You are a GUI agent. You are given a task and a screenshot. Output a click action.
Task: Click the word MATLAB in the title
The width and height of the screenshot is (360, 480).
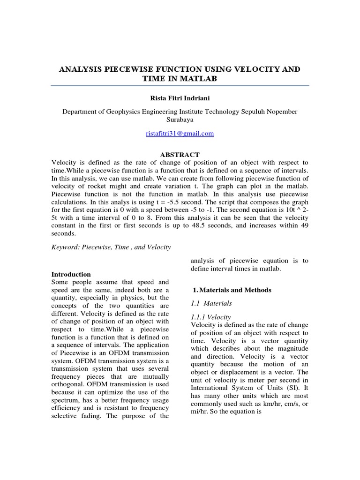tap(199, 79)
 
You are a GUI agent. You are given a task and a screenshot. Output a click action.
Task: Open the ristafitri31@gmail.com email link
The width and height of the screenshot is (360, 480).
tap(180, 134)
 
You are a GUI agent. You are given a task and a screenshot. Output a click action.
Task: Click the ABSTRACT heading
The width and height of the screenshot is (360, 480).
tap(180, 155)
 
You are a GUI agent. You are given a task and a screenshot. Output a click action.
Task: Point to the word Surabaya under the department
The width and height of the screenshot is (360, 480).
tap(180, 120)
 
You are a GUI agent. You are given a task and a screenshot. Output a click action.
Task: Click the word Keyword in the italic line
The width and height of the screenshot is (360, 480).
tap(65, 247)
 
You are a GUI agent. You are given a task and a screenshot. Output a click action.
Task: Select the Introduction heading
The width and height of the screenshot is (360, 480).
tap(71, 274)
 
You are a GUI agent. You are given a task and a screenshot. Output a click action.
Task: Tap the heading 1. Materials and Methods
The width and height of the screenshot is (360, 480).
tap(232, 290)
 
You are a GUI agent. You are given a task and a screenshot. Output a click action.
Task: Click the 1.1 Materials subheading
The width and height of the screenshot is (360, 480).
tap(212, 304)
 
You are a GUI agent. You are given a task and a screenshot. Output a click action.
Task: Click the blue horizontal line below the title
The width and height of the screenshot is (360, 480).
tap(180, 86)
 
